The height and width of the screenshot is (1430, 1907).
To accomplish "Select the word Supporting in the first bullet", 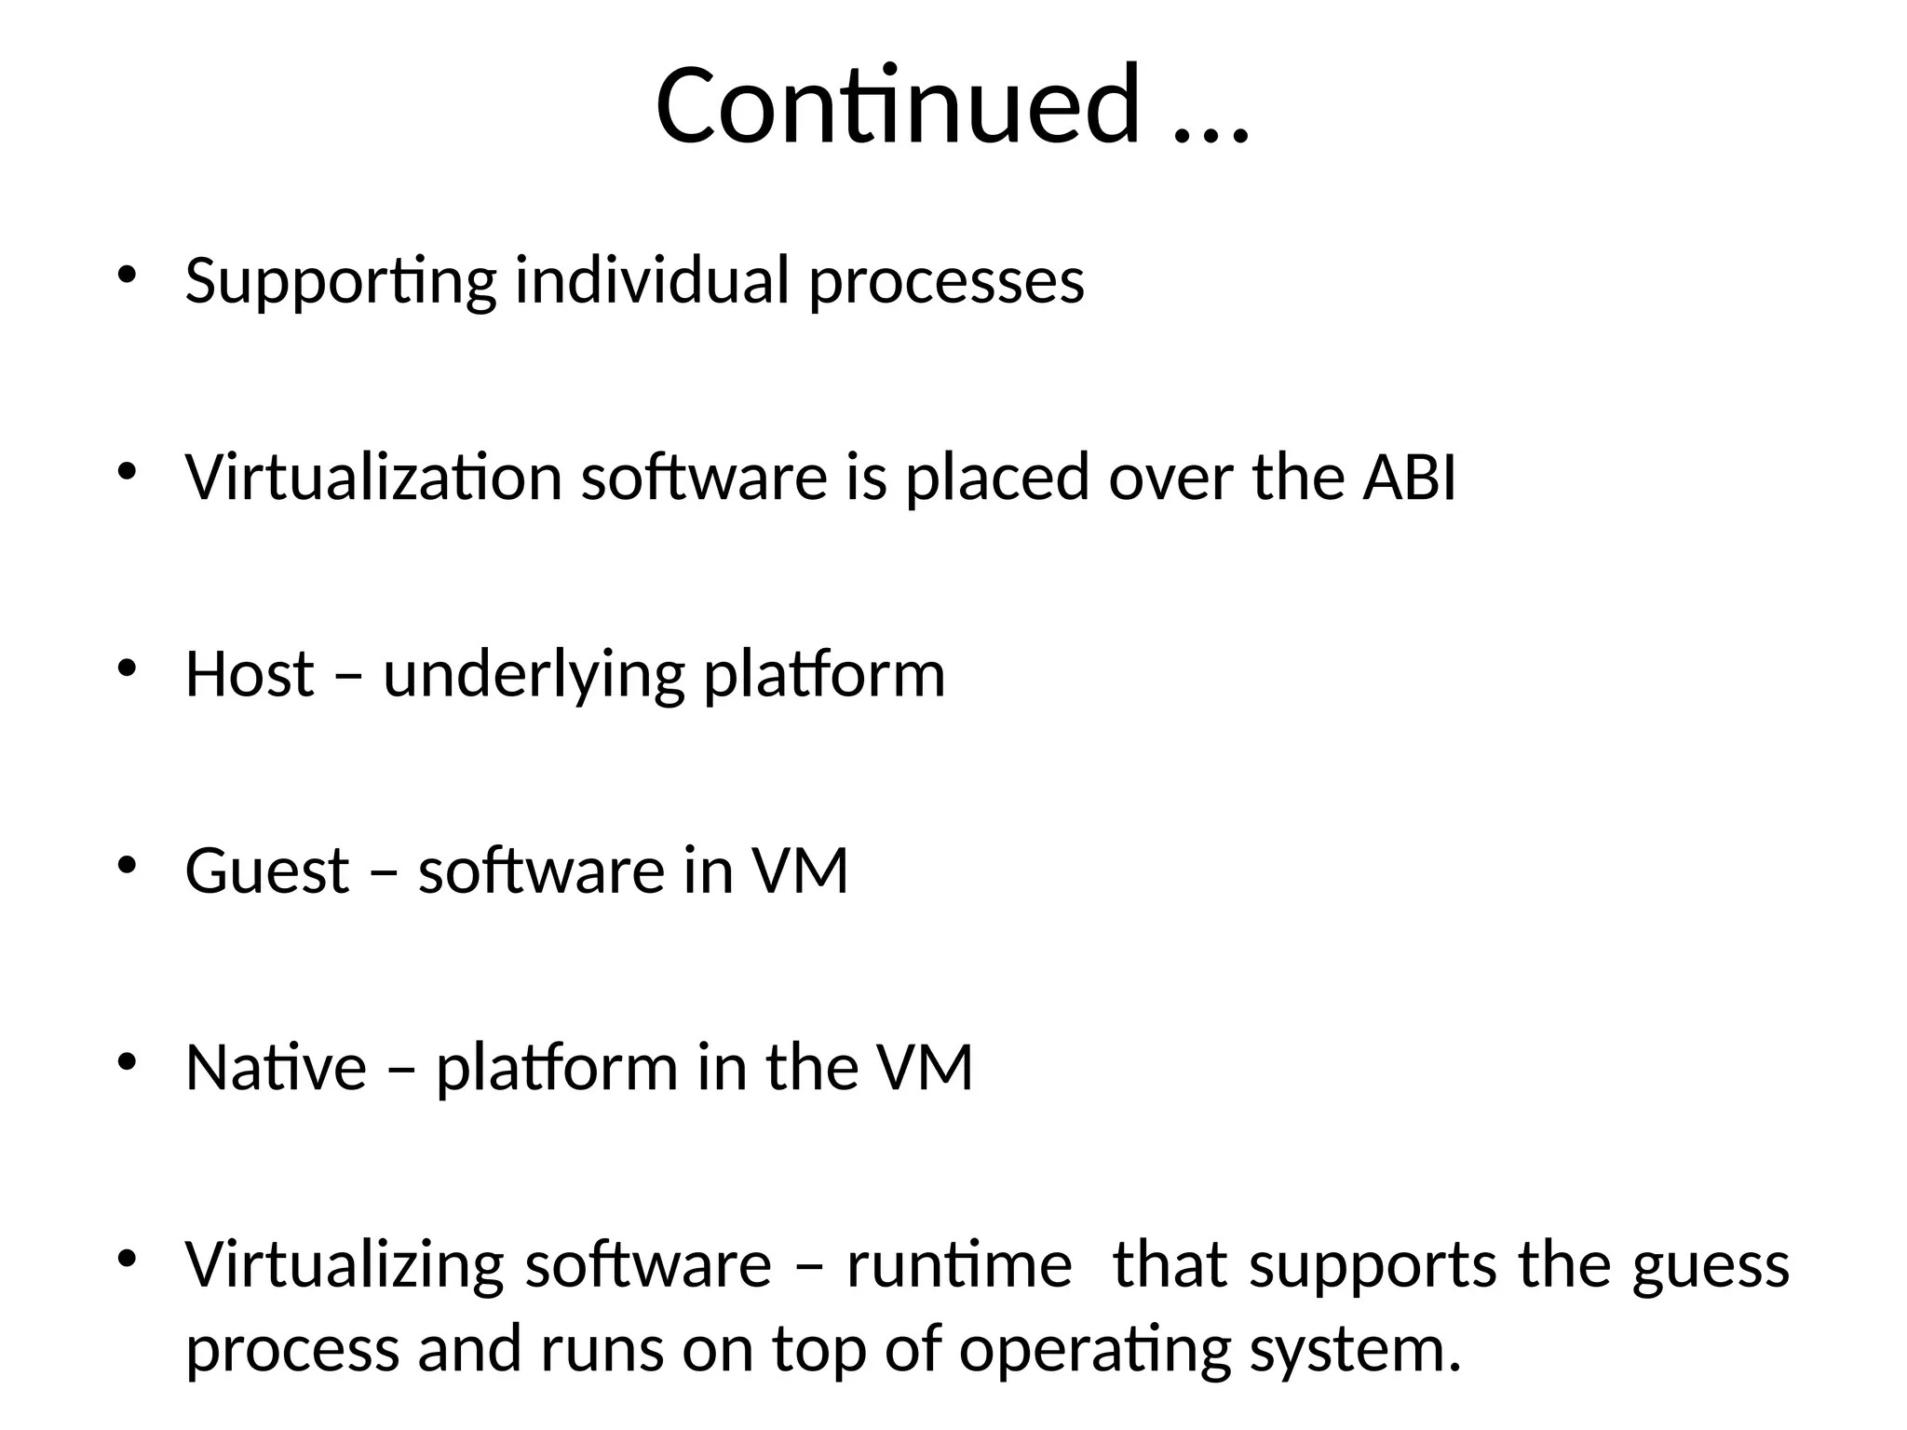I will click(340, 281).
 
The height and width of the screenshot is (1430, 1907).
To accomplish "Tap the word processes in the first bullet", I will click(946, 281).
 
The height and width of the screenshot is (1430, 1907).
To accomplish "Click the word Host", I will click(250, 674).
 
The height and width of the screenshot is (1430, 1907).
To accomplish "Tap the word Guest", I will click(267, 871).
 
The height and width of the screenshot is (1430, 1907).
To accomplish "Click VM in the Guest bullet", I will click(800, 871).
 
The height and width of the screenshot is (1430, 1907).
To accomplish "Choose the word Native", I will click(276, 1068).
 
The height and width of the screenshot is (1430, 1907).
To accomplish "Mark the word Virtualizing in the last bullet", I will click(345, 1266).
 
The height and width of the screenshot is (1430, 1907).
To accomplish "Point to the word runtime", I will click(959, 1266).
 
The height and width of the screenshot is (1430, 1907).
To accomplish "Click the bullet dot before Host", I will click(128, 668).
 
